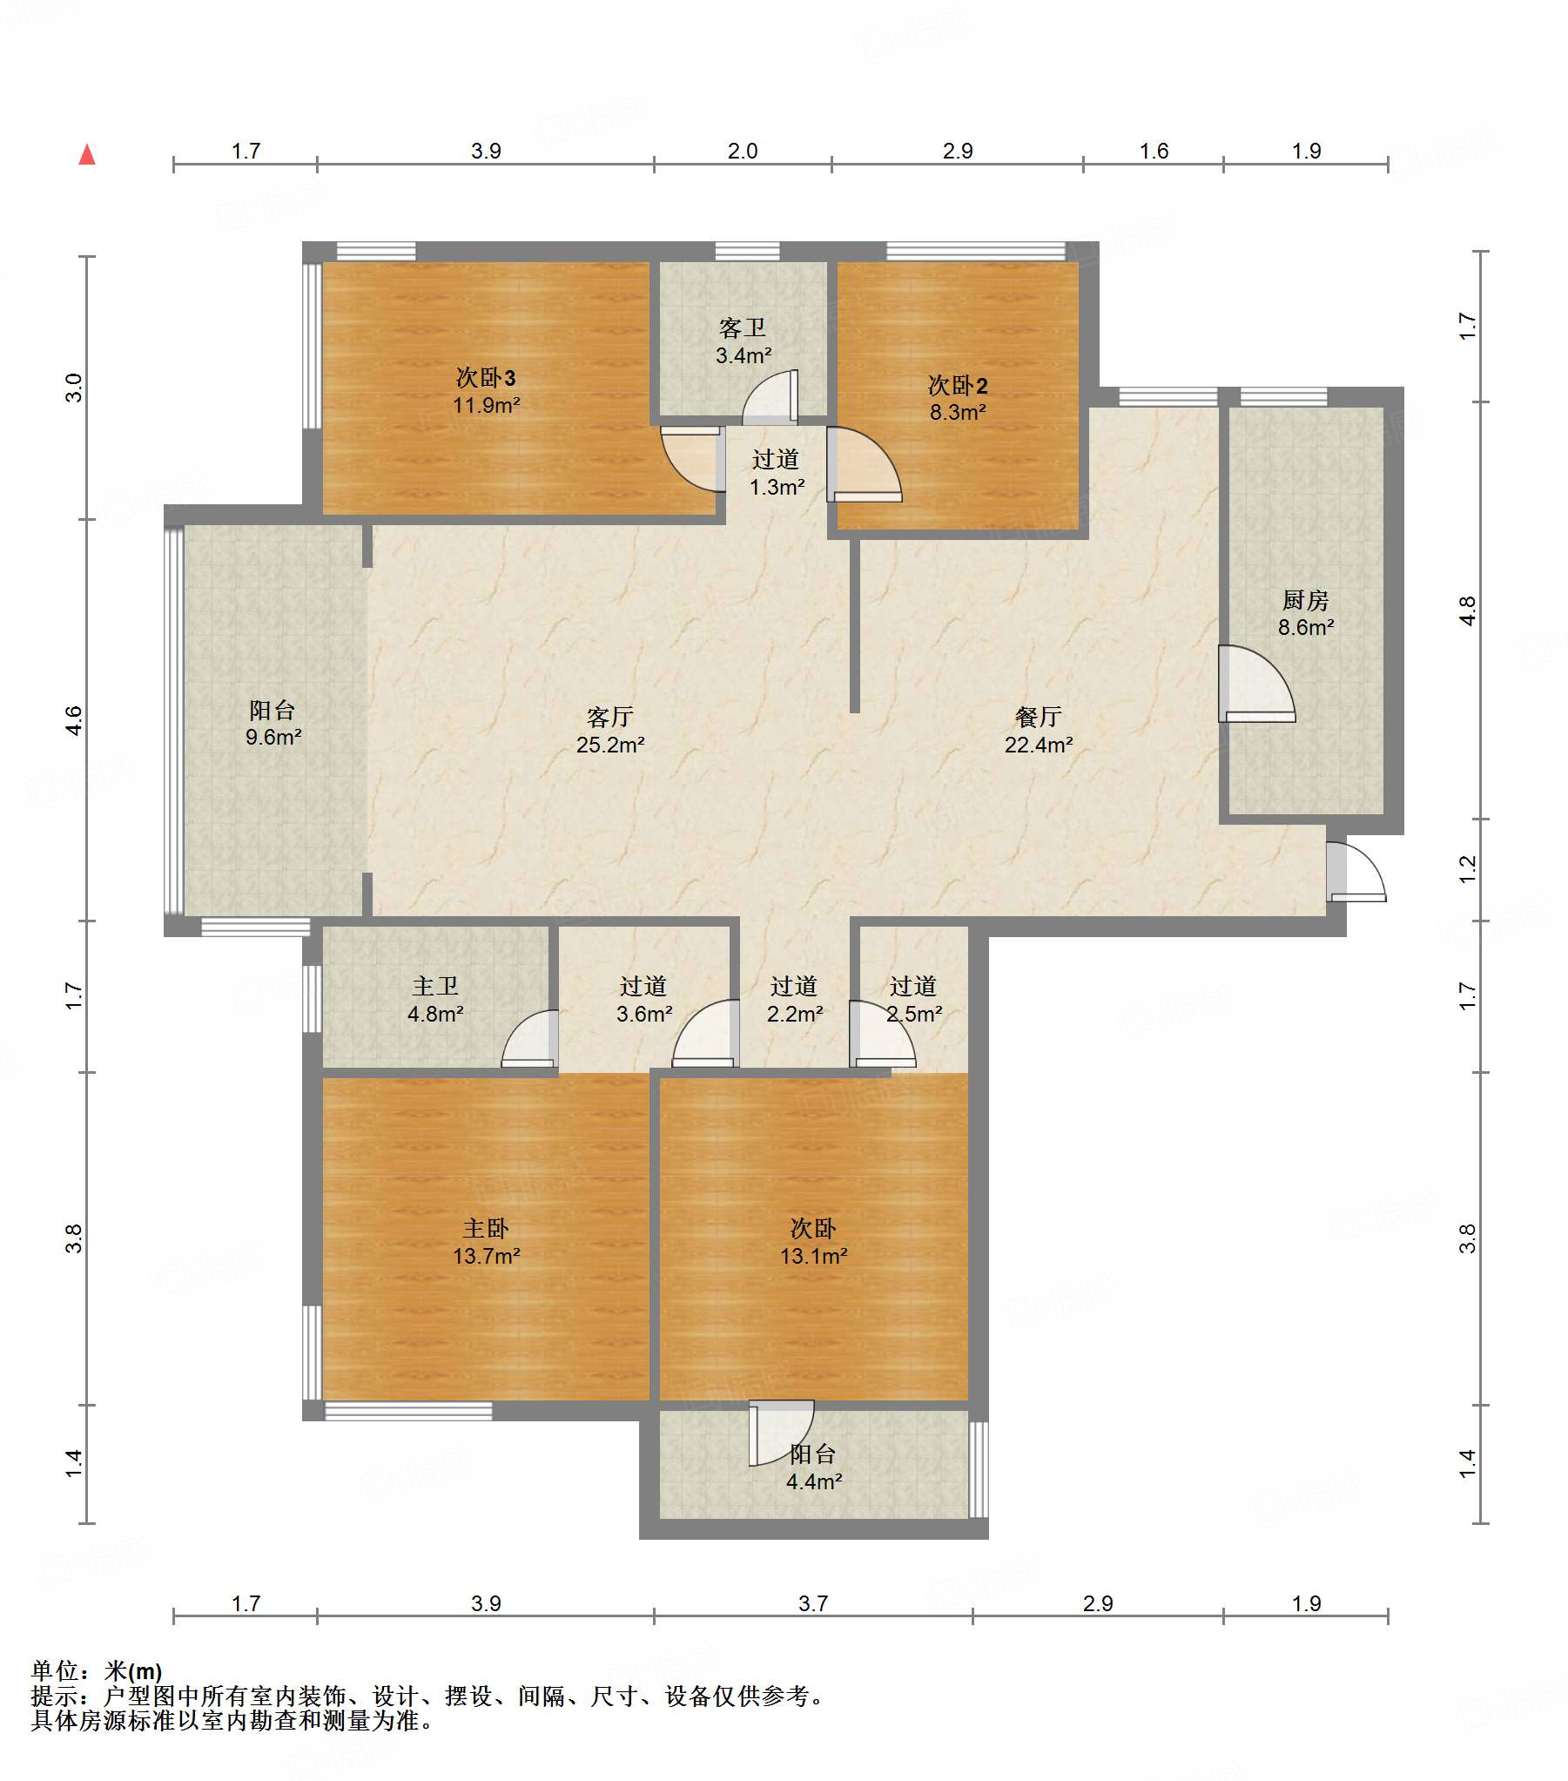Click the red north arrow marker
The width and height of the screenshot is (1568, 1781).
87,155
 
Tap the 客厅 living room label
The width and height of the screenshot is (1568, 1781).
609,717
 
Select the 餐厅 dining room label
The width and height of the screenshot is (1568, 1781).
1039,717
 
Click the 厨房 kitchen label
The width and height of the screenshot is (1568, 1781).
1305,600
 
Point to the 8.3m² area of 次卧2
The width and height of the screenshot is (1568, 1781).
958,412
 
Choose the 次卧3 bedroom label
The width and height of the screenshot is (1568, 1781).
486,377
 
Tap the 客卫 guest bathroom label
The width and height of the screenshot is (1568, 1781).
742,327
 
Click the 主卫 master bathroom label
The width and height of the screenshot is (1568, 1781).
434,986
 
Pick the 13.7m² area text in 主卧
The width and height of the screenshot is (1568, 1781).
486,1256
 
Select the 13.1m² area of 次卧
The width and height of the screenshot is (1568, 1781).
814,1256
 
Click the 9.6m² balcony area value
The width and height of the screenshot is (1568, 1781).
273,737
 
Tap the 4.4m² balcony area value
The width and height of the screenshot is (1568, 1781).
814,1481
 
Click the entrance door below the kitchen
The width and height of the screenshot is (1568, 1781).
1356,871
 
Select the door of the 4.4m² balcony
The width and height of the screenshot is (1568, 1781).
781,1434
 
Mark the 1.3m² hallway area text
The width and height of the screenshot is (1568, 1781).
777,487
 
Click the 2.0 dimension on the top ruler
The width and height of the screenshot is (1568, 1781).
742,151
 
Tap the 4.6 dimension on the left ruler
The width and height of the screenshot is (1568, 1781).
74,720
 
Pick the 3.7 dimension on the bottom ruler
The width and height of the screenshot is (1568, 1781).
813,1603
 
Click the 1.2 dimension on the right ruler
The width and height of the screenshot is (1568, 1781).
1468,868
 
